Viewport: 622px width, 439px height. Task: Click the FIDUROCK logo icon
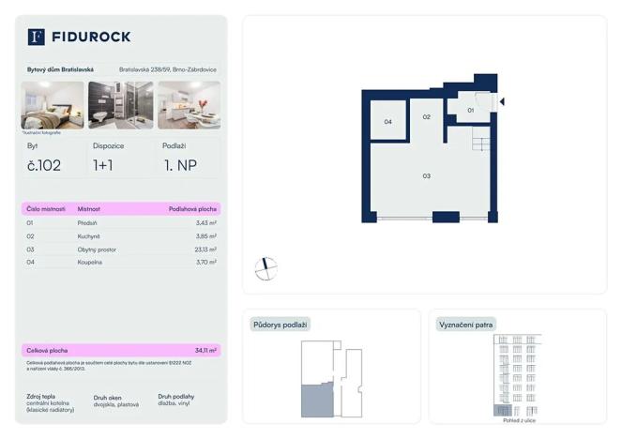point(37,37)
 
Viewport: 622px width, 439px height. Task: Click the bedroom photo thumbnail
point(53,104)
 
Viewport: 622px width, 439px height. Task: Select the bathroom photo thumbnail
point(121,104)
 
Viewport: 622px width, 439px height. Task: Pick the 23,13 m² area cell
point(205,250)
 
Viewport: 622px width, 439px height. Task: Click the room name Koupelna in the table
point(91,263)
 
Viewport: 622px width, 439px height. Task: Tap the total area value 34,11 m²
point(205,350)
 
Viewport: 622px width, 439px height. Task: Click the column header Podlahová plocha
point(192,209)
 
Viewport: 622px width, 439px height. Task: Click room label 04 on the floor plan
point(387,122)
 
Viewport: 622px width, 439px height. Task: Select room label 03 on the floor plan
point(426,175)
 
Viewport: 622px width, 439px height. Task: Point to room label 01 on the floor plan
point(471,110)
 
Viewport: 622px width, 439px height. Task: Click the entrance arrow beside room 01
point(503,101)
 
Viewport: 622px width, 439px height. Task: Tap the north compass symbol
point(266,268)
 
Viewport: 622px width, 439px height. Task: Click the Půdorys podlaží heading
point(280,325)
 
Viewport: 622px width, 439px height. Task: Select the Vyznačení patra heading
point(466,325)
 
